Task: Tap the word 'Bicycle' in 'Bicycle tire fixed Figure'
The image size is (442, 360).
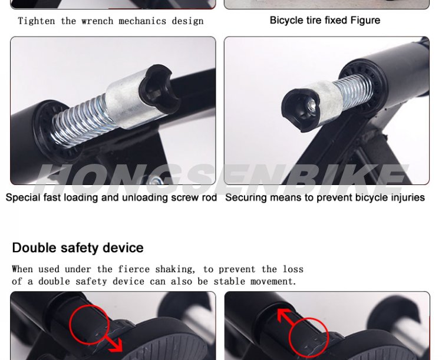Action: point(283,20)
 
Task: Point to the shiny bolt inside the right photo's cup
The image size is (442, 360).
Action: point(312,105)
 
